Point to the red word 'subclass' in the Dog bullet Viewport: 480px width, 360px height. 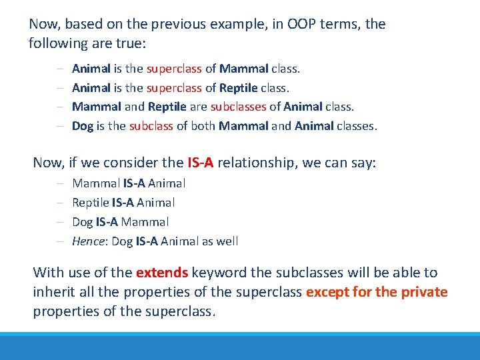[151, 126]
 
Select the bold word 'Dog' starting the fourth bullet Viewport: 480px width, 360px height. [83, 126]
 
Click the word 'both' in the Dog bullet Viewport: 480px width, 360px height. [203, 126]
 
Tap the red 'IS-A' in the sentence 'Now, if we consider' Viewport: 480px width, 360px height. [200, 163]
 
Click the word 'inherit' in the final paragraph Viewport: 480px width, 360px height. [54, 292]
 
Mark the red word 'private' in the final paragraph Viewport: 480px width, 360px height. [425, 292]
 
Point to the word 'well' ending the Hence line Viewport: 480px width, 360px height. [226, 241]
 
